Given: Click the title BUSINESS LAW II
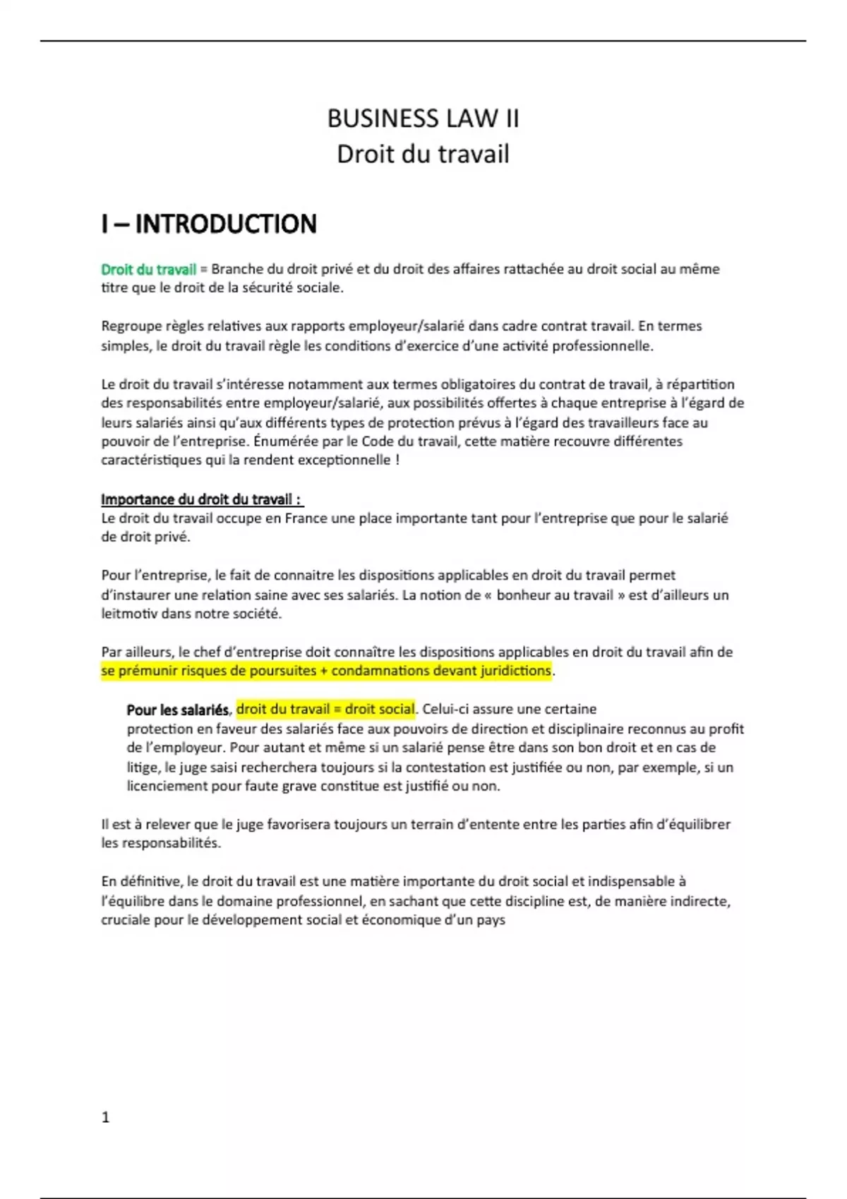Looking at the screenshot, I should click(423, 118).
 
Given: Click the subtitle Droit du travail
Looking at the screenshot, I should click(423, 154).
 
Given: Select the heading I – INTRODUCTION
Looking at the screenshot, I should click(209, 224).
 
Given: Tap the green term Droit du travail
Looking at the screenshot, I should click(148, 269).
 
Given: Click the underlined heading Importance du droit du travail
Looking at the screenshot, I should click(201, 500).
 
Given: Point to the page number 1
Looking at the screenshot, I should click(106, 1117).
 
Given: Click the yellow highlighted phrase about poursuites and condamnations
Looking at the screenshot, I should click(325, 671).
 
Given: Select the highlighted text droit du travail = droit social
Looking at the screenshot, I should click(325, 710).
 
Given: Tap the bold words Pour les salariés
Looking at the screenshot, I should click(178, 710).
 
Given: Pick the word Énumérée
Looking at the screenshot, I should click(281, 442).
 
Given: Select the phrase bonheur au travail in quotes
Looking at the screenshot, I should click(555, 595).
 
